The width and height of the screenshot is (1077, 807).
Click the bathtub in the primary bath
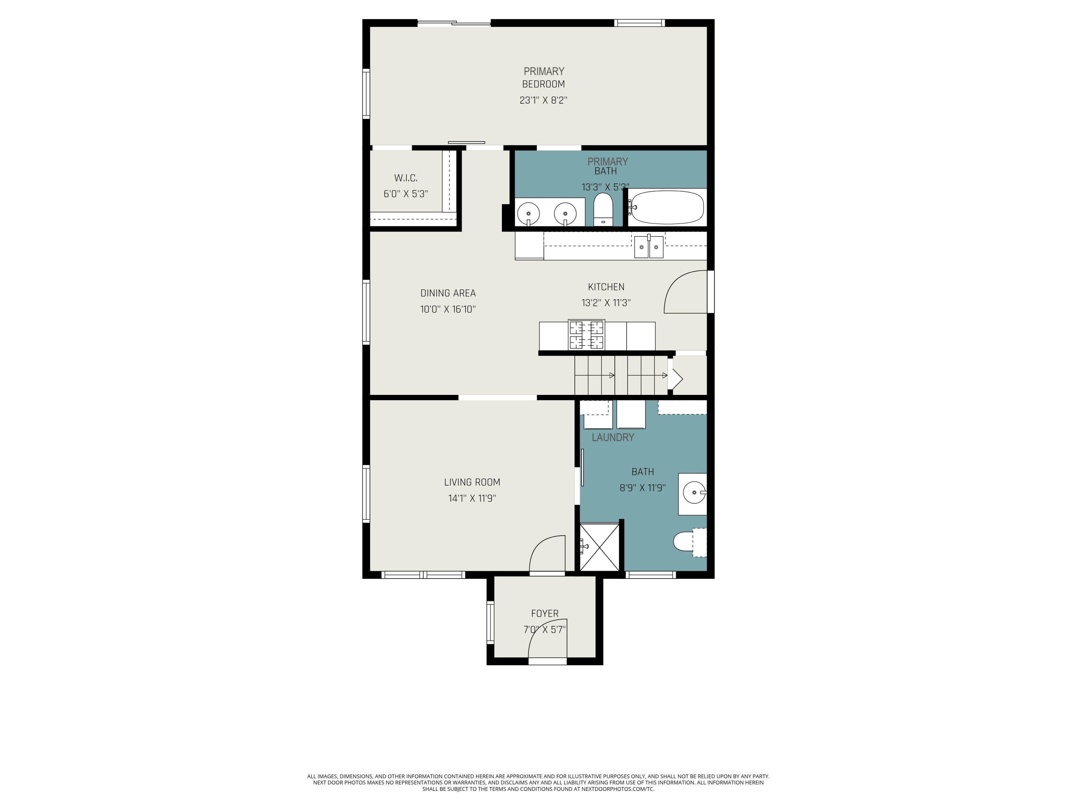[x=666, y=207]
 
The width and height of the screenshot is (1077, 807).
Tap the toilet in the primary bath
[x=603, y=209]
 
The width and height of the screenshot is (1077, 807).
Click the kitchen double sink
[x=649, y=247]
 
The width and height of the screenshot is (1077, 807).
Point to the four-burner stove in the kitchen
[x=587, y=335]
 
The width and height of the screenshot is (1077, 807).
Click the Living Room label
[x=472, y=482]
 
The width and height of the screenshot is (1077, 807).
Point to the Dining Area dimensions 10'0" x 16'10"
[x=448, y=309]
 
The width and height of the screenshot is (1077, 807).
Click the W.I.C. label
[x=406, y=178]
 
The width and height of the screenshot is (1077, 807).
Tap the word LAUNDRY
[x=613, y=437]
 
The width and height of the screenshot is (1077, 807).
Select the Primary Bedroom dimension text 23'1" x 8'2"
[x=544, y=100]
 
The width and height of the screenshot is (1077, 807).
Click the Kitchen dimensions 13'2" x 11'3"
[x=606, y=303]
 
